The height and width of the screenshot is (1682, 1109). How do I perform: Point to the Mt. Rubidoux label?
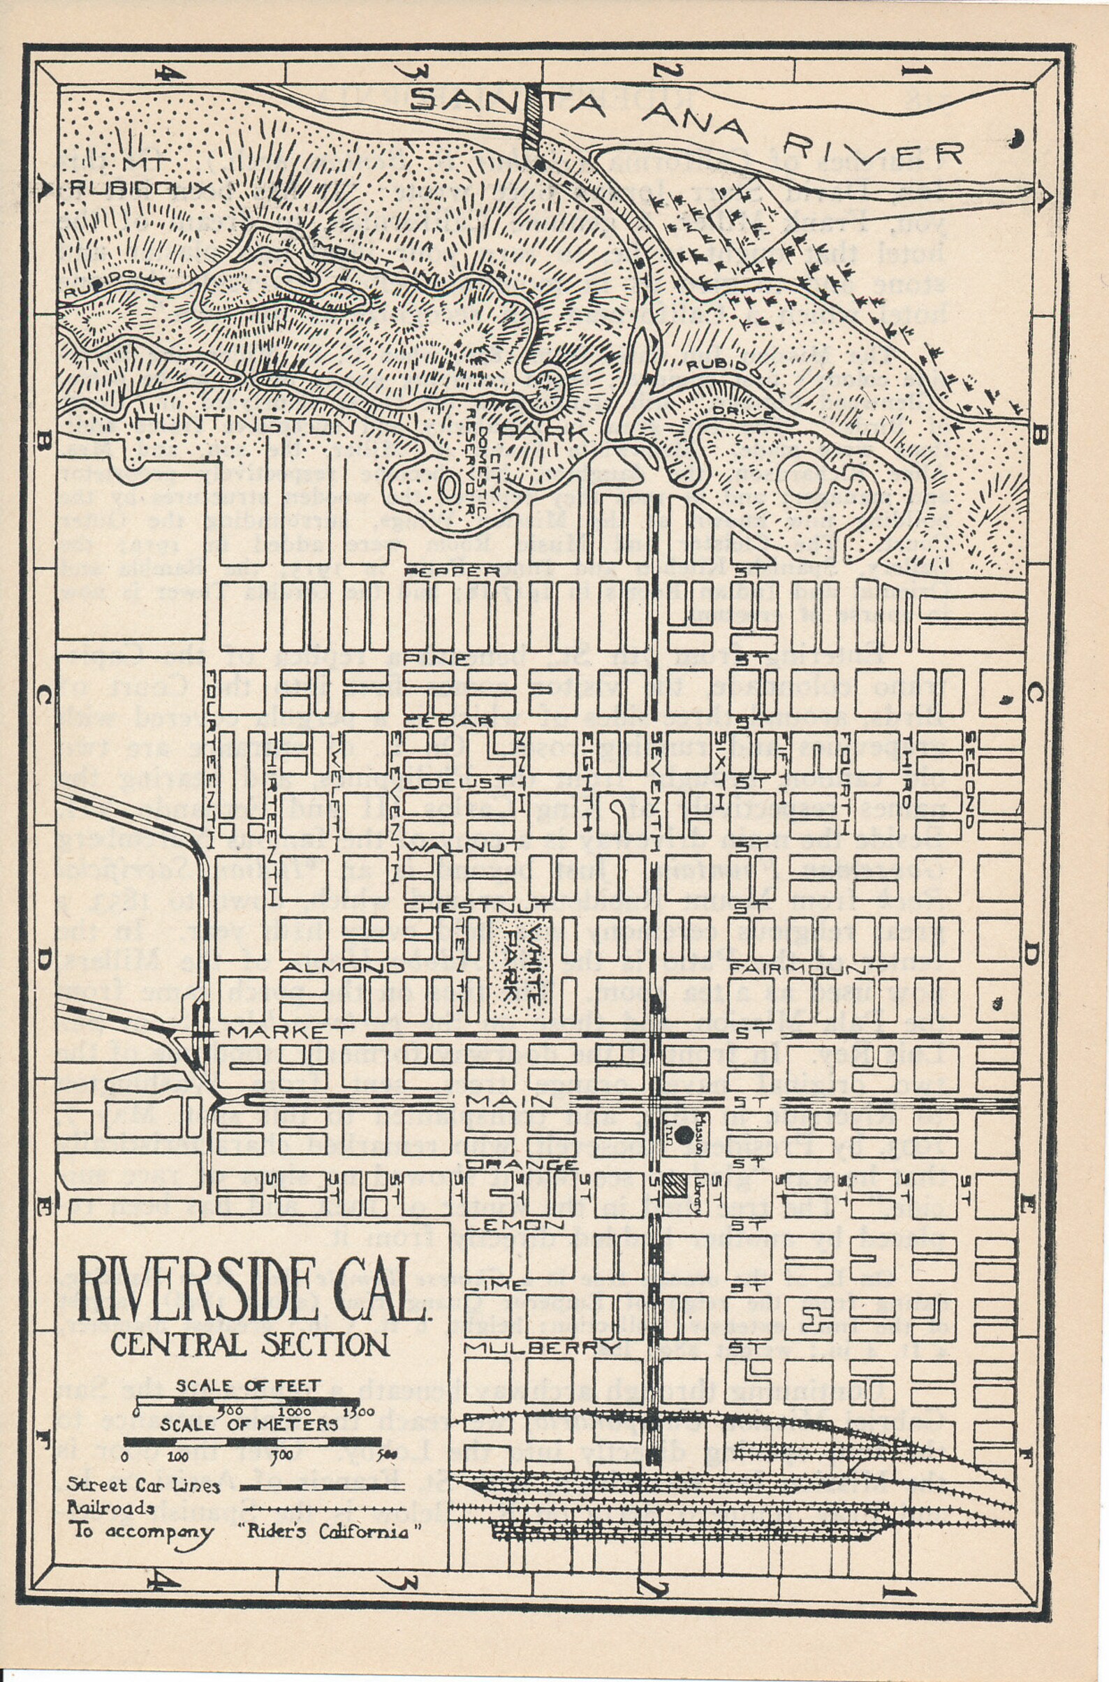point(142,177)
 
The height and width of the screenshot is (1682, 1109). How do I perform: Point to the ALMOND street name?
point(342,967)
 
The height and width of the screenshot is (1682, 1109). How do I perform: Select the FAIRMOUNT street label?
point(809,969)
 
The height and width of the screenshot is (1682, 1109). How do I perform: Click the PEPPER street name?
point(452,571)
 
